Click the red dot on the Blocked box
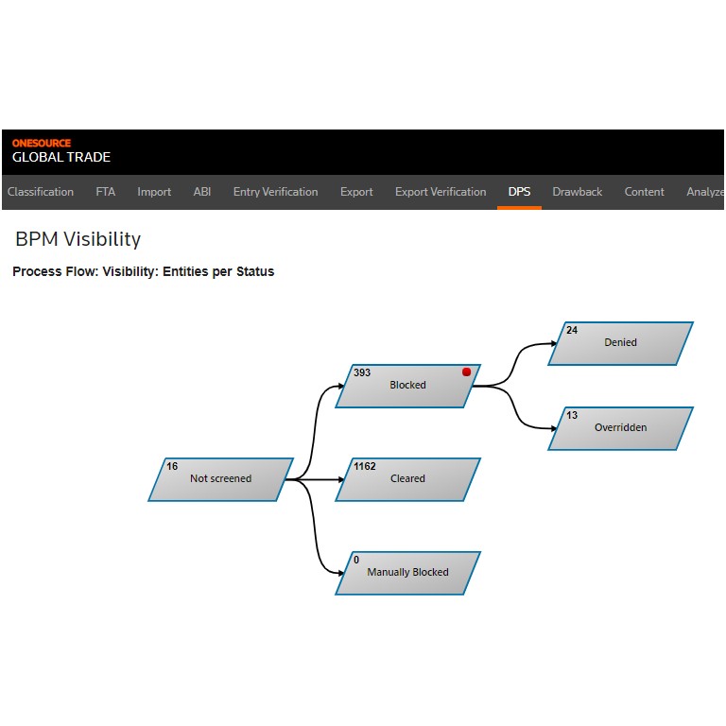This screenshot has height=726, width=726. pos(466,372)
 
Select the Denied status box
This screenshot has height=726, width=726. pos(620,343)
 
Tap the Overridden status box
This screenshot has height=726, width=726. pos(620,428)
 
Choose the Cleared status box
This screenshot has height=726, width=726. pos(408,479)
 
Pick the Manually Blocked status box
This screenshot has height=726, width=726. pos(408,573)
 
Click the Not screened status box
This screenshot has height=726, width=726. pos(221,479)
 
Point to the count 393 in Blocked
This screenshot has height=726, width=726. pos(362,372)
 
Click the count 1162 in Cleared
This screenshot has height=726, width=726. pos(365,466)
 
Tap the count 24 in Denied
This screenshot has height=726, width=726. pos(572,330)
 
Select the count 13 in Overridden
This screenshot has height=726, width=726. pos(572,415)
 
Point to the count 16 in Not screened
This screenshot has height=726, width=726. pos(172,466)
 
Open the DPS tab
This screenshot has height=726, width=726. pos(520,192)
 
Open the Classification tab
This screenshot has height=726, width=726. pos(41,192)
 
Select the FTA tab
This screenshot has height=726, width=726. pos(106,192)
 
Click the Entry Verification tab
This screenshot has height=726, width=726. pos(275,192)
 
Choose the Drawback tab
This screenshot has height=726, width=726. pos(578,192)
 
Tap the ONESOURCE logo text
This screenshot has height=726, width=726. pos(42,143)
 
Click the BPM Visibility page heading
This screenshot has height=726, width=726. pos(78,239)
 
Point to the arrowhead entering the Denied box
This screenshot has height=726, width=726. pos(554,343)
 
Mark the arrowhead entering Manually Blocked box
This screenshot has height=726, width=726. pos(341,573)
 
